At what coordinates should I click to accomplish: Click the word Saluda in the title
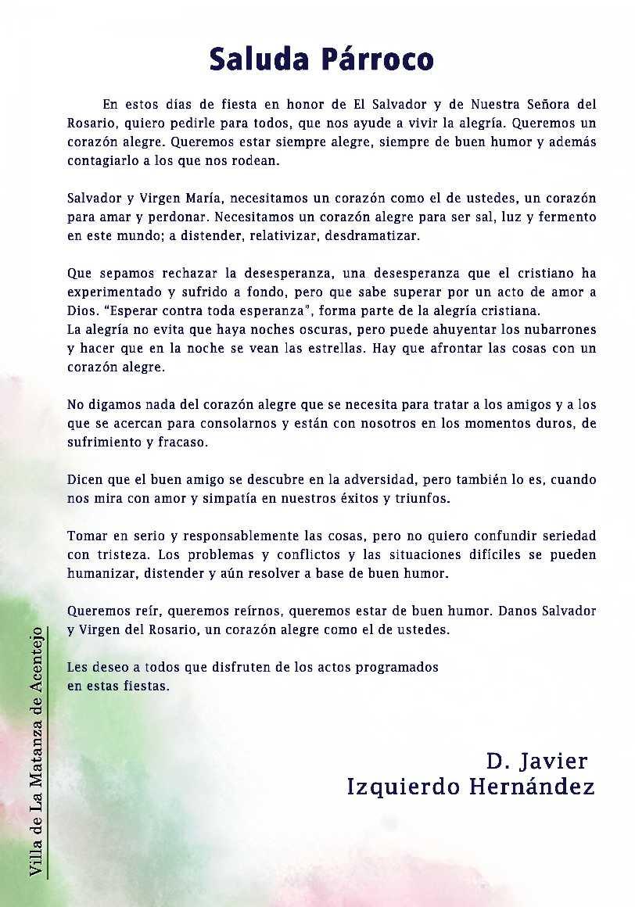coord(255,59)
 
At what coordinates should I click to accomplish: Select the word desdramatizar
coord(384,236)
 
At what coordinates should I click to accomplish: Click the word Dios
coord(82,310)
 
